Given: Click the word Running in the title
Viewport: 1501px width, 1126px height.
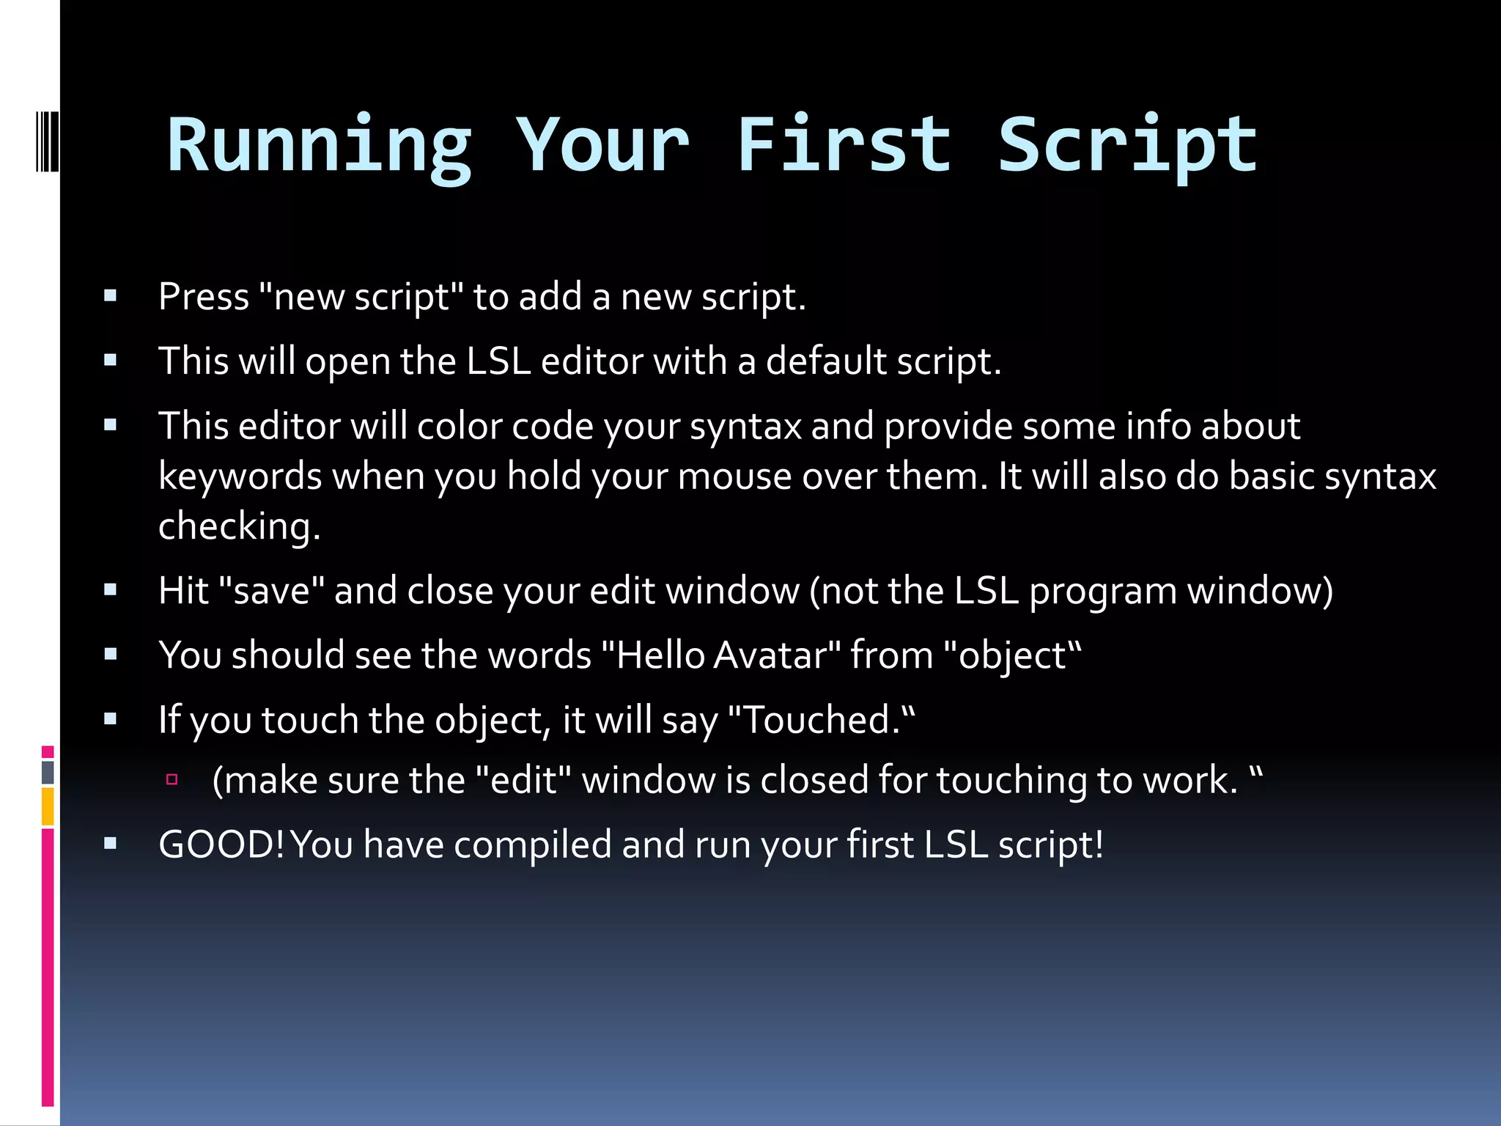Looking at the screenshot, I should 319,147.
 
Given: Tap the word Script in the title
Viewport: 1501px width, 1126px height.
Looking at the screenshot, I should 1127,147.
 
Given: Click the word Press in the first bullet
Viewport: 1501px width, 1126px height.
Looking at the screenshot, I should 204,297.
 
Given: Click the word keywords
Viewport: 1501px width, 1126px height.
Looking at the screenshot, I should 240,476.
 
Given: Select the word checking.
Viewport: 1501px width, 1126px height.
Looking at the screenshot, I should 239,527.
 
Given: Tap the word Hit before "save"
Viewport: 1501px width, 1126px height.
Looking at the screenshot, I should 183,591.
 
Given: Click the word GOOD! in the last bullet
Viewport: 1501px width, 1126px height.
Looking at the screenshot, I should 221,844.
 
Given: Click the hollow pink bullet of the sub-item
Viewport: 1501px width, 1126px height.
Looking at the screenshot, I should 172,779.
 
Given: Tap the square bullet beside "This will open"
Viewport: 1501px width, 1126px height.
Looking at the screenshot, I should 111,360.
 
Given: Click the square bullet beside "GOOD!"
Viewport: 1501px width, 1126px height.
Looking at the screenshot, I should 111,844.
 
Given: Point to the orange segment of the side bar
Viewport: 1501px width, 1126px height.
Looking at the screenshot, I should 48,806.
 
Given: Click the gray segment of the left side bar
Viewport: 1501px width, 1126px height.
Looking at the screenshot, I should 48,772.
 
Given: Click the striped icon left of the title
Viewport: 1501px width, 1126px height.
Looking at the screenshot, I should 47,141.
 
